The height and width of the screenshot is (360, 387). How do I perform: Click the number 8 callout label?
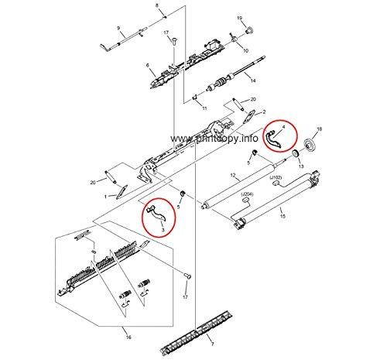pos(156,6)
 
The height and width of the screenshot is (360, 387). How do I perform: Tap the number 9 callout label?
pos(118,29)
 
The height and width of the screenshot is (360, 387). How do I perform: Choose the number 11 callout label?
pos(204,108)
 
